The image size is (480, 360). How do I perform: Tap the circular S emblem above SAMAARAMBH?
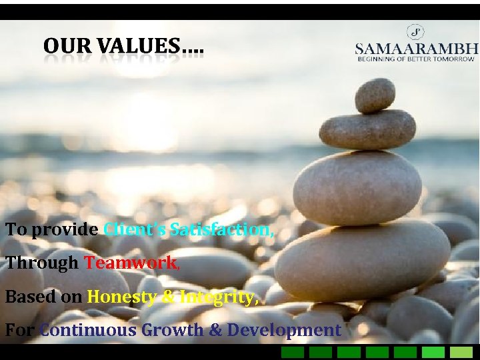click(x=416, y=31)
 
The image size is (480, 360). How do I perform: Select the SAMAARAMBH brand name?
click(x=417, y=49)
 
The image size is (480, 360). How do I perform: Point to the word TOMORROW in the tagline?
click(x=455, y=59)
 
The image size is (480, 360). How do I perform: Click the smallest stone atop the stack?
click(x=375, y=95)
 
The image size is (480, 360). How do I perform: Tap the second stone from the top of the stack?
click(x=367, y=129)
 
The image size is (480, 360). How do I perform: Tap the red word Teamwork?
click(x=131, y=263)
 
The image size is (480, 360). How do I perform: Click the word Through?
click(x=42, y=263)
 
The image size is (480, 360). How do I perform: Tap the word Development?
click(x=284, y=330)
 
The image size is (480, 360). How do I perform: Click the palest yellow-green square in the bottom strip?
click(x=461, y=352)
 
